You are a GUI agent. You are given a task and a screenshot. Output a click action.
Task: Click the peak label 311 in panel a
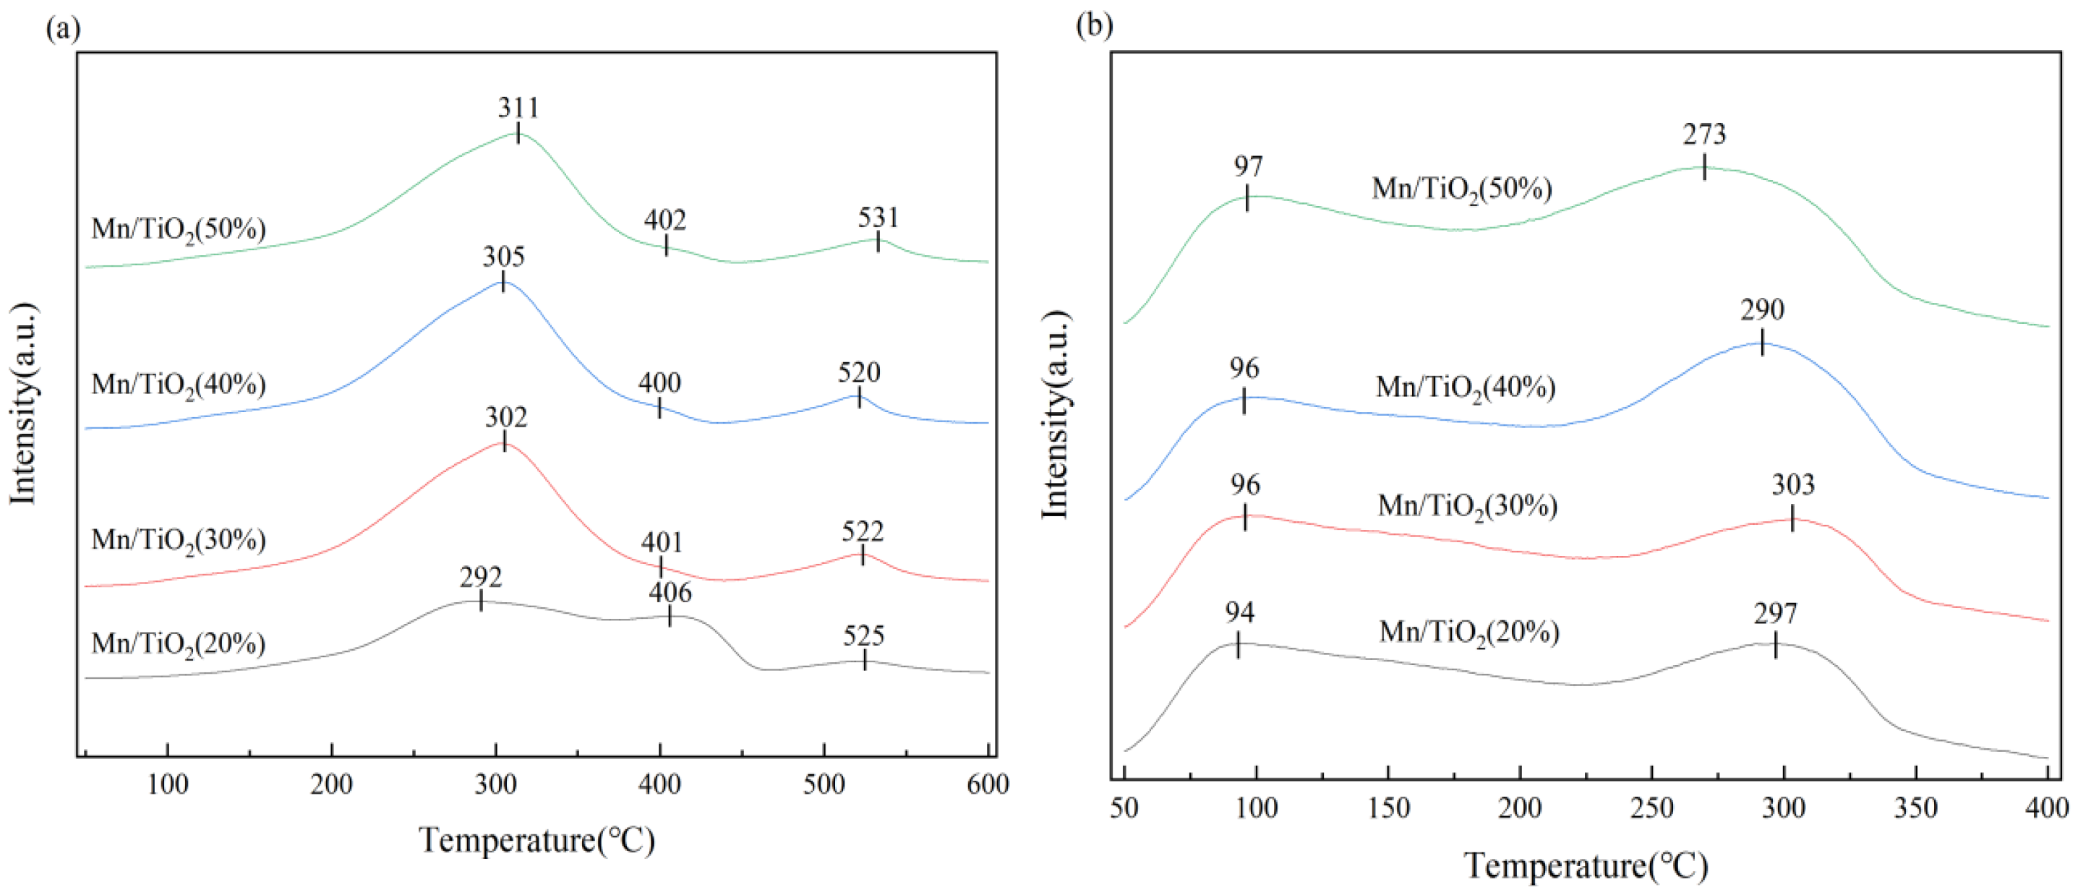(x=518, y=108)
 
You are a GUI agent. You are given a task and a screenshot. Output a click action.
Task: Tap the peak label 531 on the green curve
(x=878, y=218)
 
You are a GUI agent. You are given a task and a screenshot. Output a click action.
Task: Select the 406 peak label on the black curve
(x=670, y=593)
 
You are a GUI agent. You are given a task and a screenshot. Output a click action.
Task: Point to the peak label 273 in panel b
(x=1703, y=134)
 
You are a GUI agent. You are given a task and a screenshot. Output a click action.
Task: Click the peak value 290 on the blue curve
(x=1762, y=309)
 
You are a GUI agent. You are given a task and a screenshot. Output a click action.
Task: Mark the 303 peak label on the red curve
(x=1792, y=484)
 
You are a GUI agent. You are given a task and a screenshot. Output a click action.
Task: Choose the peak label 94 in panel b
(x=1239, y=613)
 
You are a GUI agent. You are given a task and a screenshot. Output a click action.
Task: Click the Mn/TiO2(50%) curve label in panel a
(x=179, y=230)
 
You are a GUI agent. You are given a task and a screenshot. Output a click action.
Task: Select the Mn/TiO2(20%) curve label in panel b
(x=1469, y=632)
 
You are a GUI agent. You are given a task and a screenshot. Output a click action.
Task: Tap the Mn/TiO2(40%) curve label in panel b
(x=1465, y=387)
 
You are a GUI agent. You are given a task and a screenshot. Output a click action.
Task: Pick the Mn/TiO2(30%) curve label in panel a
(x=179, y=540)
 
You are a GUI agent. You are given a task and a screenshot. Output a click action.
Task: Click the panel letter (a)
(x=63, y=29)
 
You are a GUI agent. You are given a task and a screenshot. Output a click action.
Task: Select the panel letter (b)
(x=1094, y=26)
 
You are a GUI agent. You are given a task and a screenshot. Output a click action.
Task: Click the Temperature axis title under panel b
(x=1585, y=866)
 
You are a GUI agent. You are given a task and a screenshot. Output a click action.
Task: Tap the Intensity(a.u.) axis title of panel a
(x=24, y=403)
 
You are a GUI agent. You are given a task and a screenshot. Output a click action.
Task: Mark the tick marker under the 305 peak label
(x=503, y=281)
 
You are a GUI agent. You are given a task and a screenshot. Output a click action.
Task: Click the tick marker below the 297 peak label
(x=1775, y=644)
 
